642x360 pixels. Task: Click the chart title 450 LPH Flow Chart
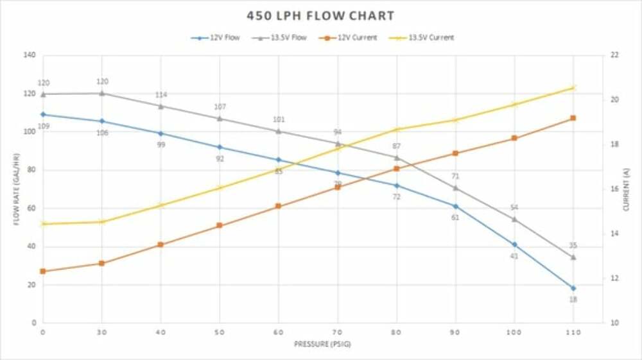[320, 15]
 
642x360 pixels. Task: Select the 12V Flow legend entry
[216, 38]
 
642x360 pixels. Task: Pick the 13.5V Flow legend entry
[280, 38]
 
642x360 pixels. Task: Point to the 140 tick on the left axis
[28, 55]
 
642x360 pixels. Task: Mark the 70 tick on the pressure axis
[338, 332]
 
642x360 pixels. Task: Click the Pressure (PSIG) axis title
[322, 345]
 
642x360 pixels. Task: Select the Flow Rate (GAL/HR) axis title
[16, 189]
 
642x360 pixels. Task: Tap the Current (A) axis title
[626, 189]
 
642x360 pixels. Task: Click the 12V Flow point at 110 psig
[573, 288]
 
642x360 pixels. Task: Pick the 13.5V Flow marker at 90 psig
[456, 188]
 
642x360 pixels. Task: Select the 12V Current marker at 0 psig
[43, 271]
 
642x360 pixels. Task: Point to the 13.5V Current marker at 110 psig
[573, 88]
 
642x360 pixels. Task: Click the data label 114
[161, 95]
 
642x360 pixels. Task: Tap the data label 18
[573, 300]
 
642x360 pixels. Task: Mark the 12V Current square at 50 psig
[220, 226]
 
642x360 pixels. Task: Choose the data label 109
[44, 126]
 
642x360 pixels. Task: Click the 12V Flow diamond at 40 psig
[160, 133]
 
